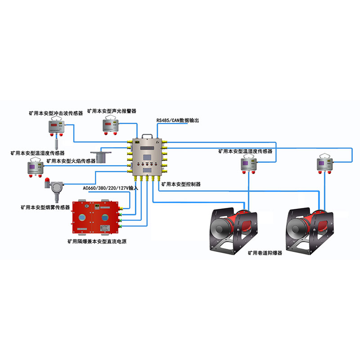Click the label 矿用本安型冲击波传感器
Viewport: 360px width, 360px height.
click(55, 114)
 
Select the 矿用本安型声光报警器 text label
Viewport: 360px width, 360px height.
click(112, 110)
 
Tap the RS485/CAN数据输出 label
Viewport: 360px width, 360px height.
click(177, 121)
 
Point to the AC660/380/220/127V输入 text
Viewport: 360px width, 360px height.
click(110, 188)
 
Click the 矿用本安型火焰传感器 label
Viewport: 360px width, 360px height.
click(71, 161)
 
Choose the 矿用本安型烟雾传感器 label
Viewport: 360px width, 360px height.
click(45, 207)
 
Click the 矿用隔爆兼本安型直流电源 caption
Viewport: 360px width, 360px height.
click(96, 241)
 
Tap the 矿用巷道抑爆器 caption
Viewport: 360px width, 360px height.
click(265, 253)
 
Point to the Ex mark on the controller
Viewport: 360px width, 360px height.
click(158, 143)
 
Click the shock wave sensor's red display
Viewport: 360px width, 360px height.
click(56, 123)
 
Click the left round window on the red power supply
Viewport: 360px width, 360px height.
click(82, 218)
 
